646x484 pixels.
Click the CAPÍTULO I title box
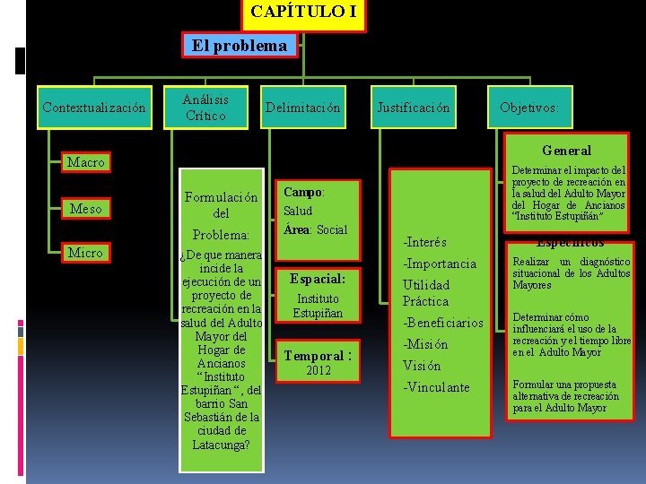(303, 13)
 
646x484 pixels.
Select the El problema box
(239, 45)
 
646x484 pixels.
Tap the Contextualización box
(94, 108)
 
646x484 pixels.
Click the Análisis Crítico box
(205, 107)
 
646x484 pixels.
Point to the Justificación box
(413, 108)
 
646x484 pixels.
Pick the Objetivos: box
(528, 108)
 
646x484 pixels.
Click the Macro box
(86, 162)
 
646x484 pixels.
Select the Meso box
(86, 209)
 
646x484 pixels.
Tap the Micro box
(86, 253)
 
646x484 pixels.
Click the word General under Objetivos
(566, 151)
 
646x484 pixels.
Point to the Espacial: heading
(318, 279)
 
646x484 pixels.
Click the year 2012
(318, 371)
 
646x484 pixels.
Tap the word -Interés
(425, 242)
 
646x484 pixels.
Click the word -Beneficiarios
(443, 323)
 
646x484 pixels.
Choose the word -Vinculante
(436, 387)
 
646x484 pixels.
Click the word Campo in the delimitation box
(302, 192)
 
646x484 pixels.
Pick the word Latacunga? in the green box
(221, 445)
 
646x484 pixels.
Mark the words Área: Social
(315, 229)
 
